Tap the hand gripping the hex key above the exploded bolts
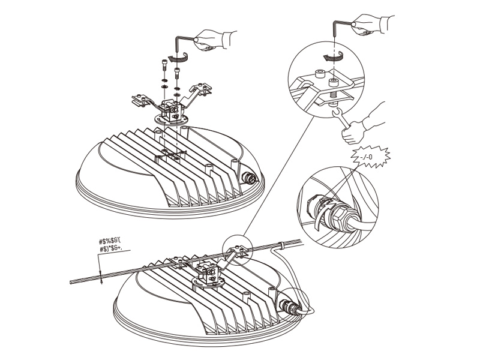(x=214, y=39)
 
